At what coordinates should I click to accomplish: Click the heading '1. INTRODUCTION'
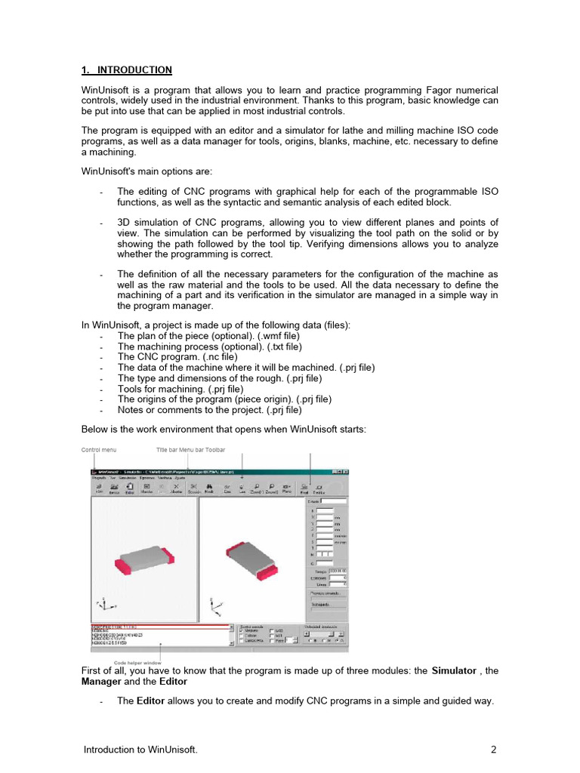126,70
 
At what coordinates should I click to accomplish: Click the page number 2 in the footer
493,750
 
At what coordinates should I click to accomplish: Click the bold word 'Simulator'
454,671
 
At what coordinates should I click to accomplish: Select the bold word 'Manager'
101,682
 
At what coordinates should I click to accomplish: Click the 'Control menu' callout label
99,450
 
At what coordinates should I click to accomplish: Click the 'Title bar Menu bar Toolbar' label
190,450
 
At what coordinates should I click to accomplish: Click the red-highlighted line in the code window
159,626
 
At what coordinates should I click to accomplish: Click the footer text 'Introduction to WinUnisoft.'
140,750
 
